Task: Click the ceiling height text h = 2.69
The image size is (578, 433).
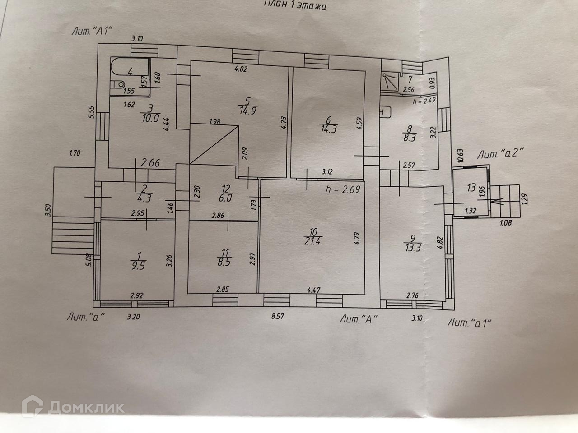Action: coord(343,190)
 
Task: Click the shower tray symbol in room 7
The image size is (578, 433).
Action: coord(391,82)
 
